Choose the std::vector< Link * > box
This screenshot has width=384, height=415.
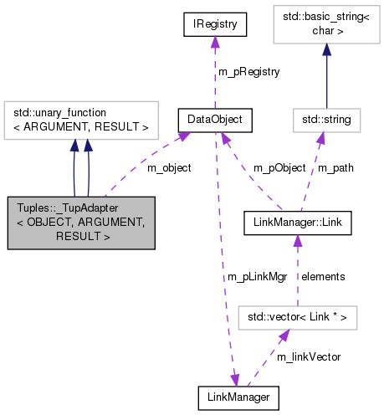click(x=298, y=317)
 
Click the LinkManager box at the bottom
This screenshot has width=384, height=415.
click(x=238, y=397)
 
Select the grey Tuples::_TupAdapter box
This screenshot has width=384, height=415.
click(x=80, y=223)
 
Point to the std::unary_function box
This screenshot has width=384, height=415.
click(x=80, y=120)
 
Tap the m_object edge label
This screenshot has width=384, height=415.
click(x=168, y=167)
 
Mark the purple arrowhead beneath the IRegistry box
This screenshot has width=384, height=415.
click(x=215, y=44)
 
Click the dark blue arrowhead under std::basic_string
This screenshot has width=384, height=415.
click(x=326, y=47)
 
